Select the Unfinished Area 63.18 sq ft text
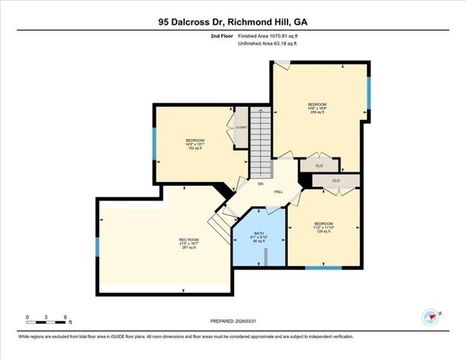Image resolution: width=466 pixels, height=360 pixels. click(268, 44)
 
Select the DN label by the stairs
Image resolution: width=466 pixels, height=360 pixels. click(260, 184)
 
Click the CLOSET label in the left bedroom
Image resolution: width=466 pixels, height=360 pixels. click(241, 127)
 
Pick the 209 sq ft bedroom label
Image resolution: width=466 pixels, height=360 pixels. click(317, 107)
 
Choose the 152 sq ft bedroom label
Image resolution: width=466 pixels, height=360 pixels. click(195, 144)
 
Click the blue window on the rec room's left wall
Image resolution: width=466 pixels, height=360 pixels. click(97, 247)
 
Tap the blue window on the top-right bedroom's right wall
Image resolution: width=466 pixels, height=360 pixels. click(368, 92)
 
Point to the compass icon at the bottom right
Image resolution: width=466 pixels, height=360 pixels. click(430, 316)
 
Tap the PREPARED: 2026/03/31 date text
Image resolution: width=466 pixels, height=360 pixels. click(233, 320)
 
